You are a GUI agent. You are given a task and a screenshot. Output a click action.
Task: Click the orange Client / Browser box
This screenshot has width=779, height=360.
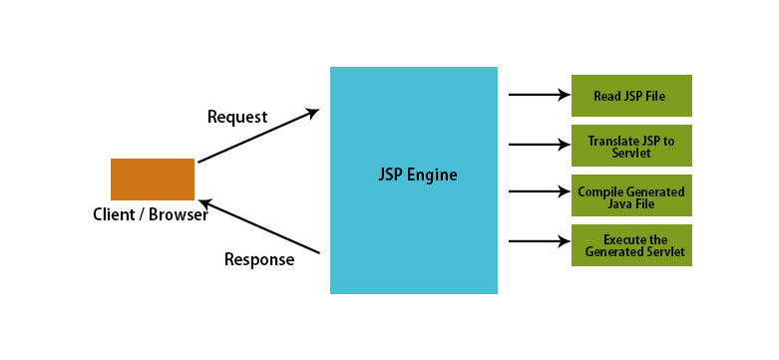point(152,180)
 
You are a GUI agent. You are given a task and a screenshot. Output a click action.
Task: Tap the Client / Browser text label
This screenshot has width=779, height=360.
point(150,214)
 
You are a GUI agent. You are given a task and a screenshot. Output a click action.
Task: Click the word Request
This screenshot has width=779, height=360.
point(237,117)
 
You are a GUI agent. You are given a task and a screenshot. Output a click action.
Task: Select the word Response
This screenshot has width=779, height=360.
point(259,260)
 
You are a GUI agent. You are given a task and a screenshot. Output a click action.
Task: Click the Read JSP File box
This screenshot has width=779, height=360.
point(631,96)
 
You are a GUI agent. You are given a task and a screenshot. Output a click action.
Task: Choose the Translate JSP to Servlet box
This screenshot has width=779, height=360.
point(631,146)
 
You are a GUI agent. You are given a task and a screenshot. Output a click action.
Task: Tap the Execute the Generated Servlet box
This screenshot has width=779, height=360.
point(631,245)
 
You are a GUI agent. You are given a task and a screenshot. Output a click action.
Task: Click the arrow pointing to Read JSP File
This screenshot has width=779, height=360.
point(538,96)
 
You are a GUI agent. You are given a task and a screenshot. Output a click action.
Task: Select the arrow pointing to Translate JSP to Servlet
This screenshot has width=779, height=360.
point(538,145)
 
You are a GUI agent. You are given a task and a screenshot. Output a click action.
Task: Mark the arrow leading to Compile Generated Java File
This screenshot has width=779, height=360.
point(538,191)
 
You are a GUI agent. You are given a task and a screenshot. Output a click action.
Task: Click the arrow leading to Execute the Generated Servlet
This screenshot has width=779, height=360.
point(538,240)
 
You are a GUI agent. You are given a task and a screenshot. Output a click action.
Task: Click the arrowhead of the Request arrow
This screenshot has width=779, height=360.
point(313,112)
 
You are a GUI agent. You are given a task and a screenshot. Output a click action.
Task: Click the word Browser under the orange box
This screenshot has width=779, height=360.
point(178,214)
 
